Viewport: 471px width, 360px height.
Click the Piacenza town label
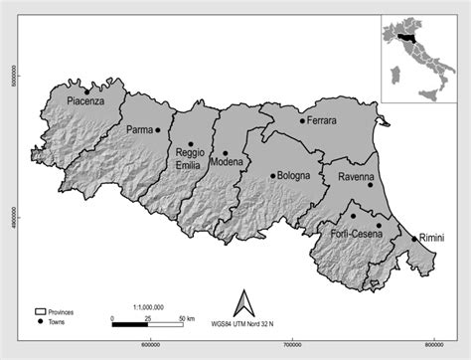[x=85, y=100]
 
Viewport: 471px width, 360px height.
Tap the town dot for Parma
[x=158, y=129]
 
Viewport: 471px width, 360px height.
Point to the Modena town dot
[x=225, y=152]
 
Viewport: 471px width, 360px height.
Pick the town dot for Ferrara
[x=302, y=121]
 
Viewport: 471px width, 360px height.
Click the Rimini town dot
[x=413, y=238]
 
